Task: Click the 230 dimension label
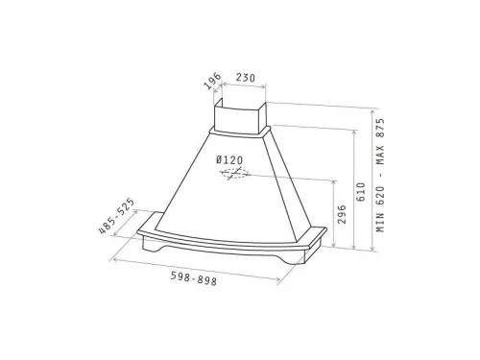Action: pyautogui.click(x=246, y=78)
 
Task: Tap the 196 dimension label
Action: pyautogui.click(x=213, y=82)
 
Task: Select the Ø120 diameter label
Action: pyautogui.click(x=229, y=159)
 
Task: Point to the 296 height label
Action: pyautogui.click(x=342, y=214)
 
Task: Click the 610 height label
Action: pyautogui.click(x=361, y=192)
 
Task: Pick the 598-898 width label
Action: pyautogui.click(x=194, y=278)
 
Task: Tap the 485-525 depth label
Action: pyautogui.click(x=116, y=216)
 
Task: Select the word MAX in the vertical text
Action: pyautogui.click(x=380, y=155)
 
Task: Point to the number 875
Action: pyautogui.click(x=380, y=128)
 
